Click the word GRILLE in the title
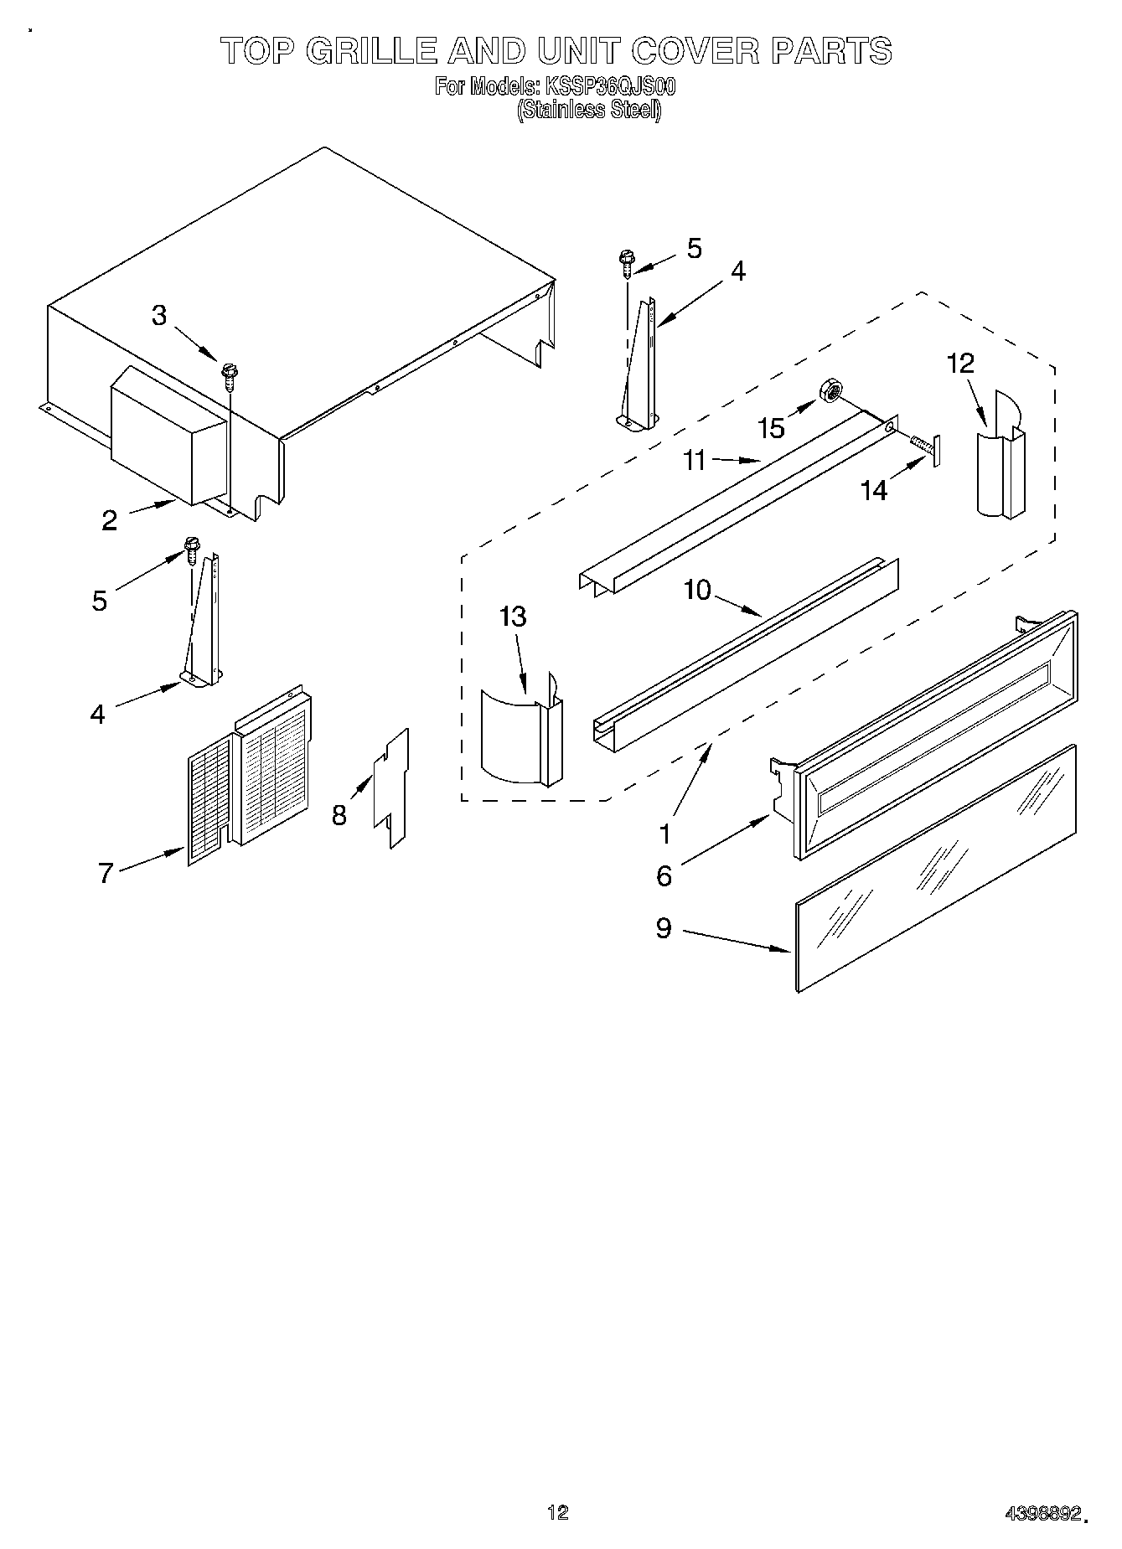tap(371, 52)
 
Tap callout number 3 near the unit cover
tap(159, 315)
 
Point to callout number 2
tap(110, 520)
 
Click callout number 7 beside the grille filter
tap(106, 873)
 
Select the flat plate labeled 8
tap(391, 787)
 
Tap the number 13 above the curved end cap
tap(512, 617)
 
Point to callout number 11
tap(695, 460)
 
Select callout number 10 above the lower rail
tap(697, 590)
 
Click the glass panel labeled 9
tap(934, 868)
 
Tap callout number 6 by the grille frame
tap(664, 875)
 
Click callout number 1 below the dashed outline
tap(664, 834)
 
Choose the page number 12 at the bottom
tap(558, 1511)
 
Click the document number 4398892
tap(1044, 1512)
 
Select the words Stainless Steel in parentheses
tap(589, 110)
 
